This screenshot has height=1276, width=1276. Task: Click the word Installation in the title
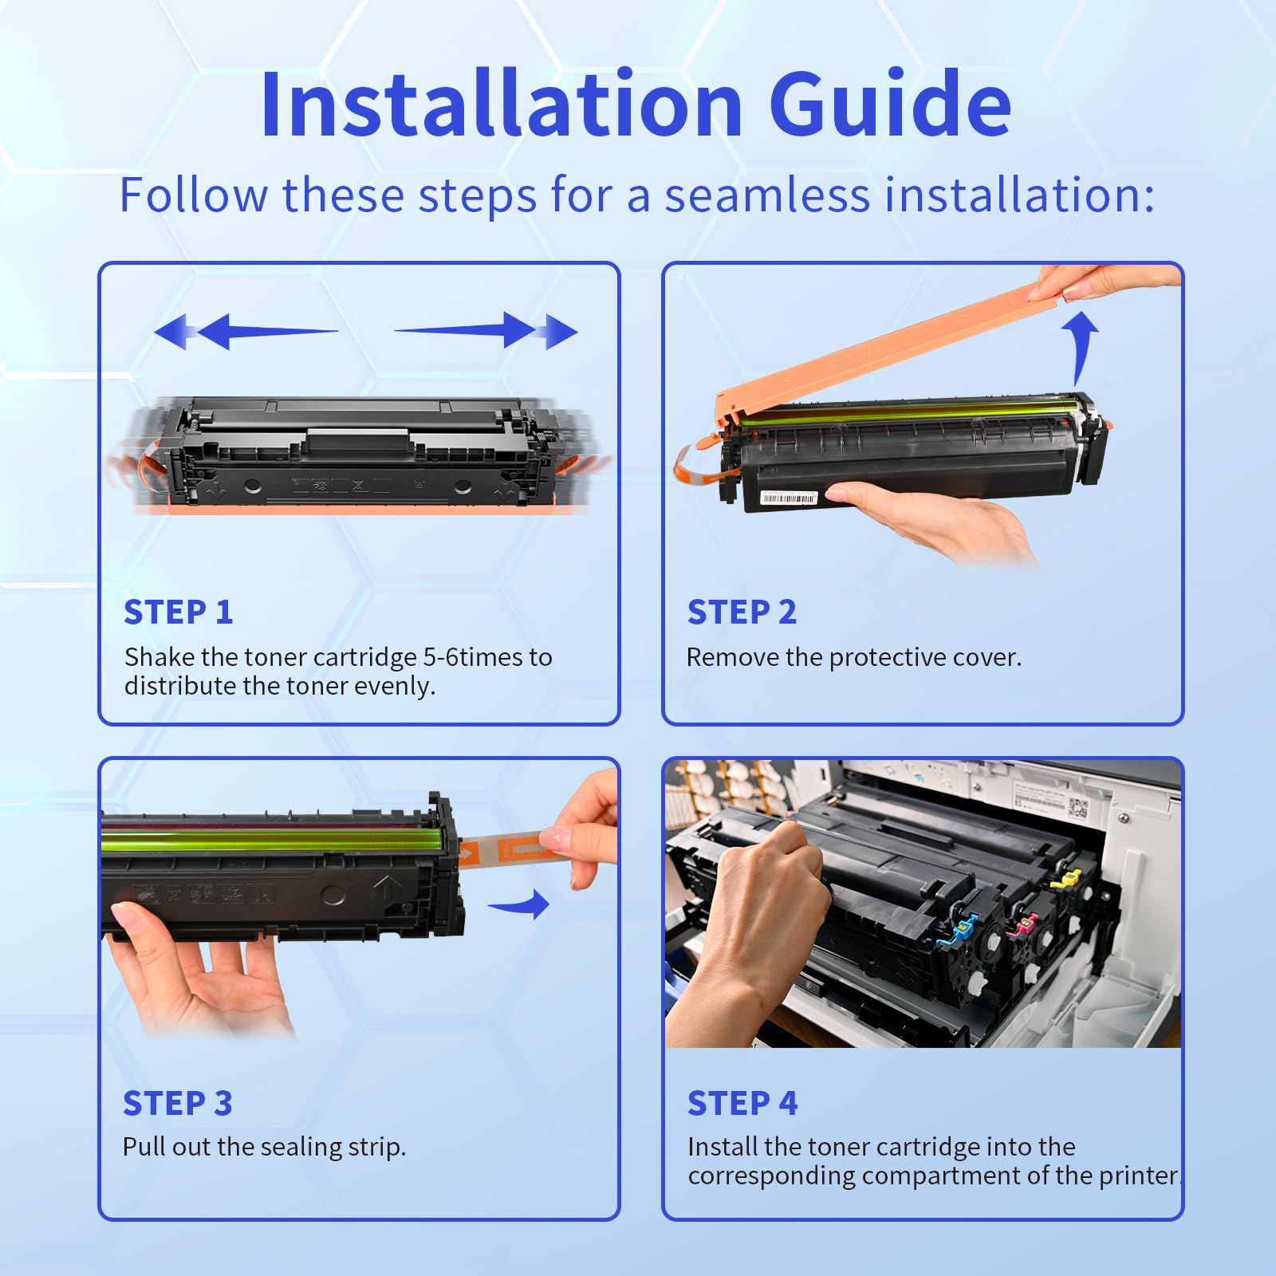click(x=502, y=104)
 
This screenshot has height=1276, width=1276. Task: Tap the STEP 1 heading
click(x=179, y=612)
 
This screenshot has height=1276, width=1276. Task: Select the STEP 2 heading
click(x=742, y=612)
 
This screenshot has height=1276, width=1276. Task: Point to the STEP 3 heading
click(x=178, y=1104)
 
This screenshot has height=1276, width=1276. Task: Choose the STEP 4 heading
click(x=742, y=1104)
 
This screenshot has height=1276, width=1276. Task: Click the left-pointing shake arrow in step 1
click(x=246, y=331)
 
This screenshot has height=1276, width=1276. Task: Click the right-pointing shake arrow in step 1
click(x=486, y=331)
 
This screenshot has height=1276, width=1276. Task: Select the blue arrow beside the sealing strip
click(x=520, y=905)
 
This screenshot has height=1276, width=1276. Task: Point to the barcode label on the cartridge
click(x=789, y=498)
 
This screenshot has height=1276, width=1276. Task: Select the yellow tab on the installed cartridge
click(x=1067, y=879)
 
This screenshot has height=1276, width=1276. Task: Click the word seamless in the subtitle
click(x=768, y=195)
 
